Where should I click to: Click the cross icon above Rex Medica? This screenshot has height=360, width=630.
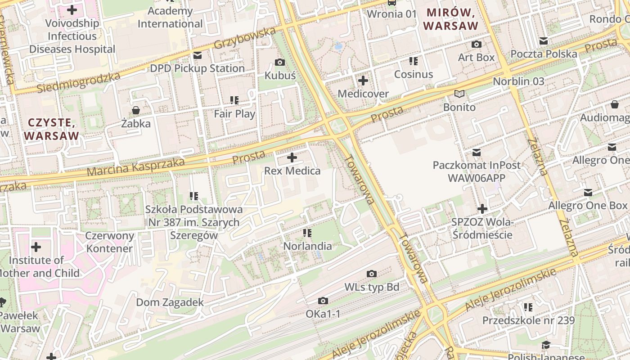tap(292, 157)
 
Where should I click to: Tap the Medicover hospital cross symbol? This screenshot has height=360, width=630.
tap(363, 81)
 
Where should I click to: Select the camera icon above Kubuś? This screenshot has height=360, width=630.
tap(280, 62)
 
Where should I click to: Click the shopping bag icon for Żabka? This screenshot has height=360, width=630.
tap(135, 110)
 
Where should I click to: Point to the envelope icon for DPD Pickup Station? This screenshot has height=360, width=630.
tap(197, 55)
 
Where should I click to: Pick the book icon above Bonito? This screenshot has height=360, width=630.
tap(459, 94)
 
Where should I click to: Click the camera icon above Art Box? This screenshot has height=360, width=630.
tap(476, 44)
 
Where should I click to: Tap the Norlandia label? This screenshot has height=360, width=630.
tap(307, 246)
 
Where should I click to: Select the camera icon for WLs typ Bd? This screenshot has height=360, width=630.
tap(372, 274)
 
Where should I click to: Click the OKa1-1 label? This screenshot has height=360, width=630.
tap(323, 314)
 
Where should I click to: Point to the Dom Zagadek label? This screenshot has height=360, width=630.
tap(170, 302)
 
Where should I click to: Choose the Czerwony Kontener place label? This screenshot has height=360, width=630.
tap(110, 242)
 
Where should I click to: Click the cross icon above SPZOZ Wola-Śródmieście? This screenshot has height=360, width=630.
tap(482, 209)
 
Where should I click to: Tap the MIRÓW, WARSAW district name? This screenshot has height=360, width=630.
tap(451, 19)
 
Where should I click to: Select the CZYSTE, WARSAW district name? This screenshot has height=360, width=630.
tap(52, 129)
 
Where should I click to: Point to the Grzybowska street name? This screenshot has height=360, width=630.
tap(244, 39)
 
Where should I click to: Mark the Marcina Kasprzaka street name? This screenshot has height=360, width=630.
tap(135, 166)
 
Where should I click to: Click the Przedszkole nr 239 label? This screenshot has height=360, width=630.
tap(528, 320)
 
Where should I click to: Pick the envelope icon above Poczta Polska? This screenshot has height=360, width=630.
tap(544, 41)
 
